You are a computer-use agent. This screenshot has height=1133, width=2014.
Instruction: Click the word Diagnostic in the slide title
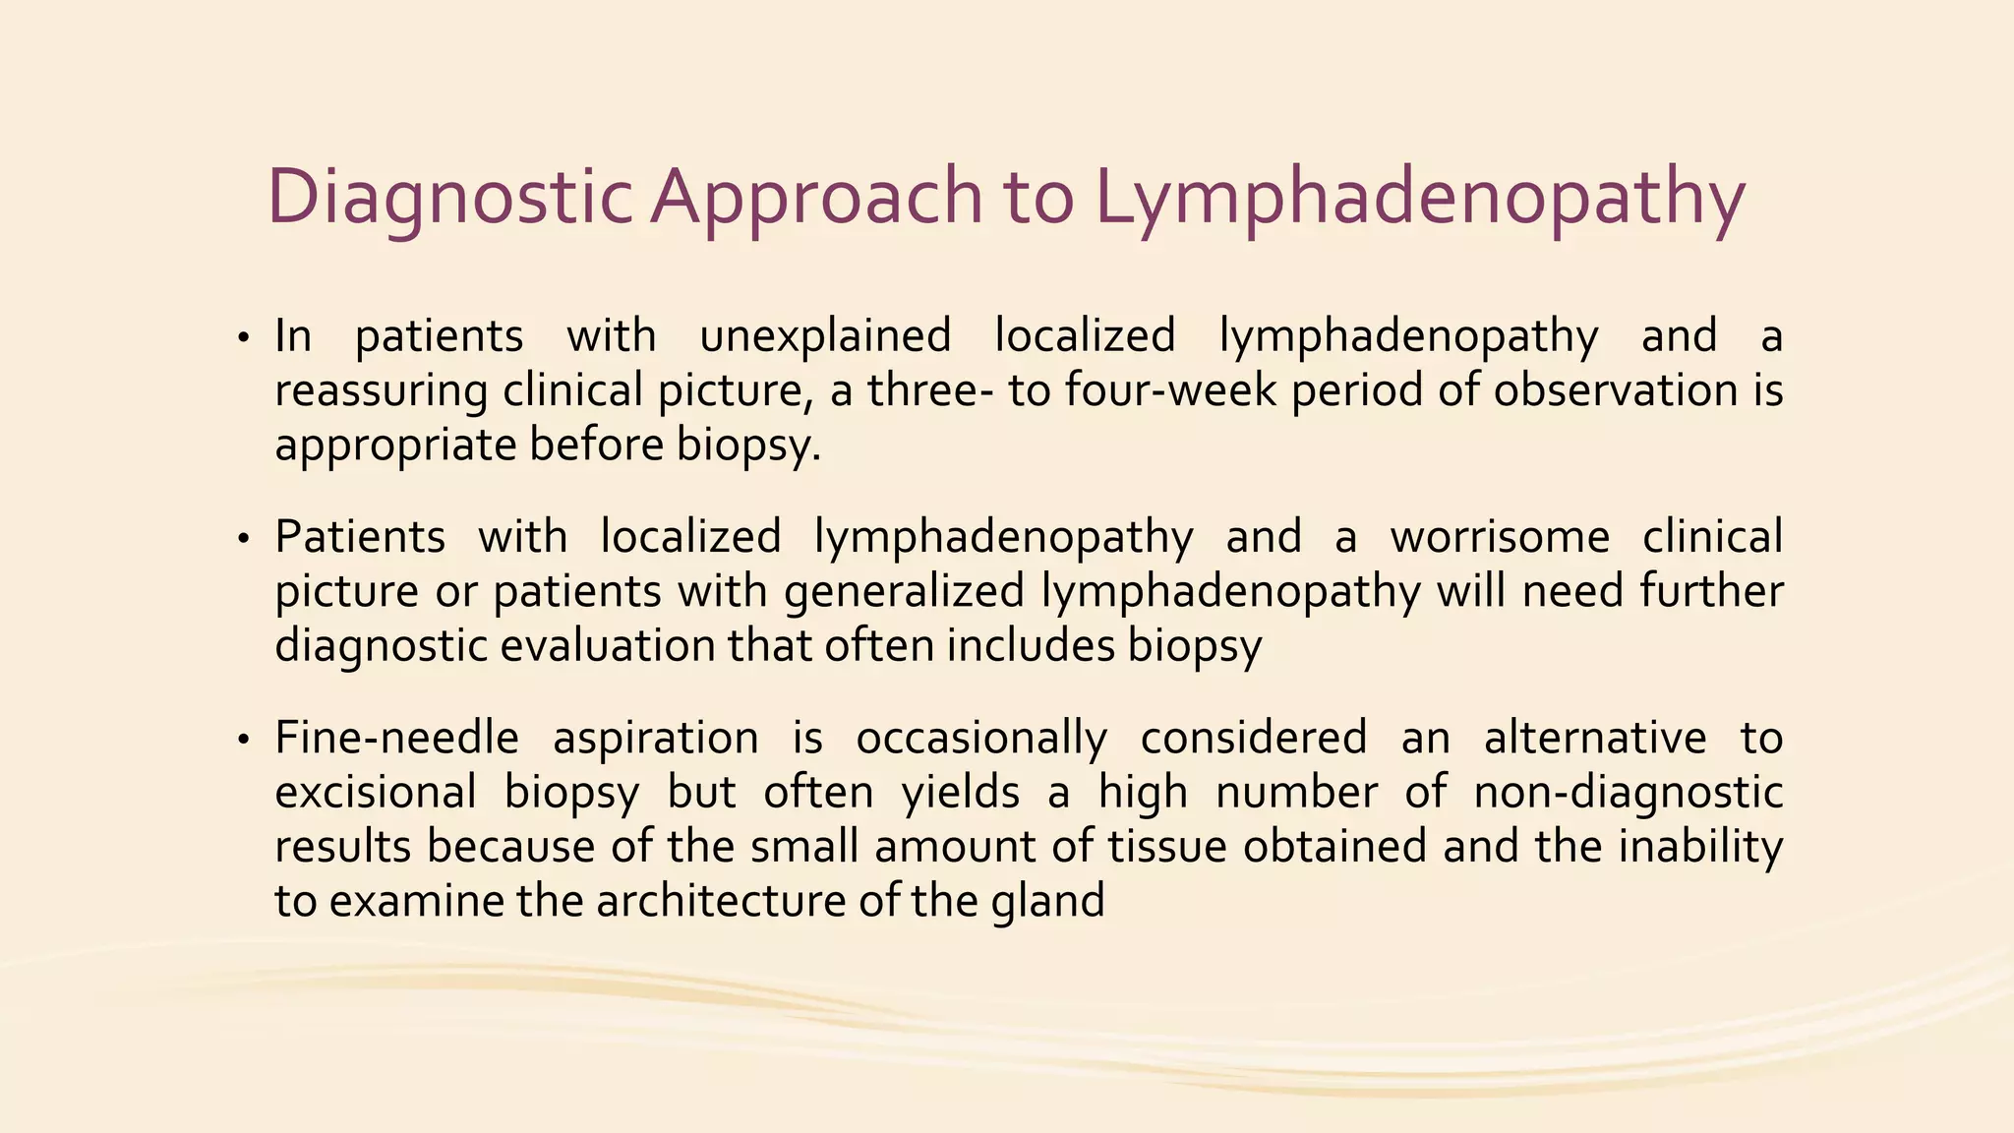coord(448,197)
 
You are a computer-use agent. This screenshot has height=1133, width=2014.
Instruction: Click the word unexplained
coord(825,337)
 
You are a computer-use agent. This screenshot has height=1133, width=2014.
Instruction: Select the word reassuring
coord(381,391)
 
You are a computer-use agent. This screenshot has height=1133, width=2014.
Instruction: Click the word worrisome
coord(1500,538)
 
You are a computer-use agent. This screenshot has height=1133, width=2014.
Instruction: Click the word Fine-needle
coord(396,739)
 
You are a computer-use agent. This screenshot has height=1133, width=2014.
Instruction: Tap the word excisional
coord(375,793)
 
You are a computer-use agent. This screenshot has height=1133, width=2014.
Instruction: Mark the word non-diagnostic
coord(1628,793)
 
